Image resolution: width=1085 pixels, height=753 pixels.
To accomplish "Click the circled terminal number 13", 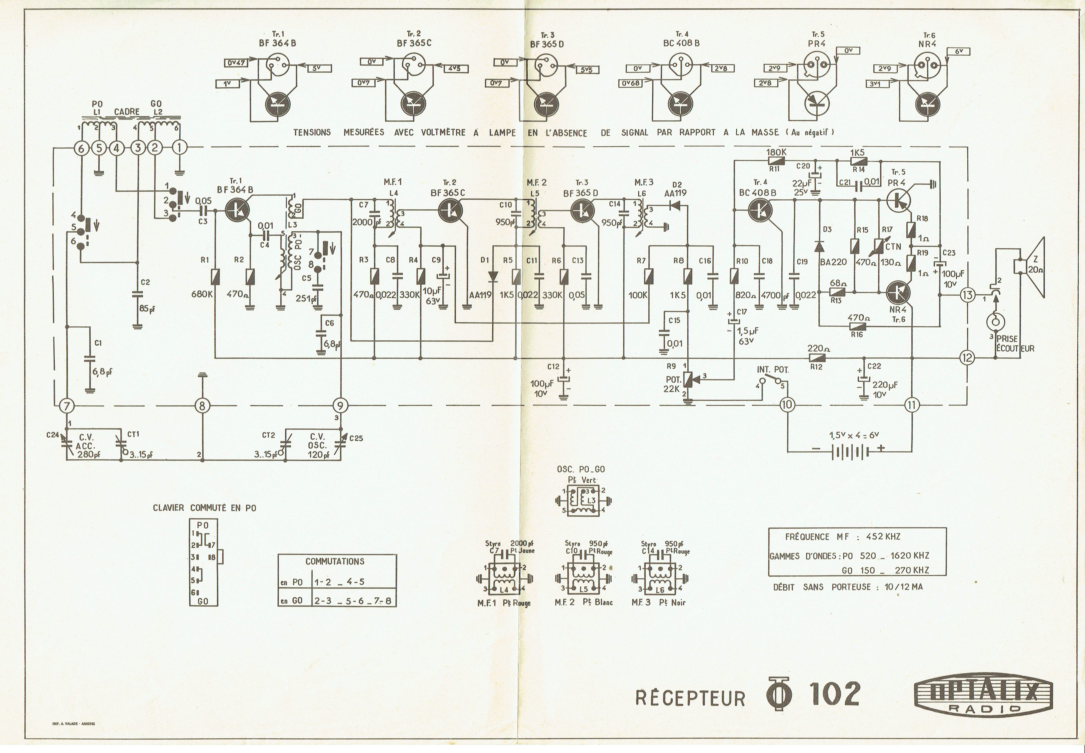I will click(x=968, y=295).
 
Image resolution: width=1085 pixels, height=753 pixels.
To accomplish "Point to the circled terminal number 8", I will click(x=202, y=405).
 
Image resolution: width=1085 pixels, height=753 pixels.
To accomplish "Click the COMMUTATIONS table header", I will click(x=335, y=561).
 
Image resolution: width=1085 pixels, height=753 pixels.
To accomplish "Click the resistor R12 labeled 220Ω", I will click(x=815, y=358).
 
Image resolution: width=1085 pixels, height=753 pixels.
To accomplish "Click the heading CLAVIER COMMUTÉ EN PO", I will click(x=205, y=508).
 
